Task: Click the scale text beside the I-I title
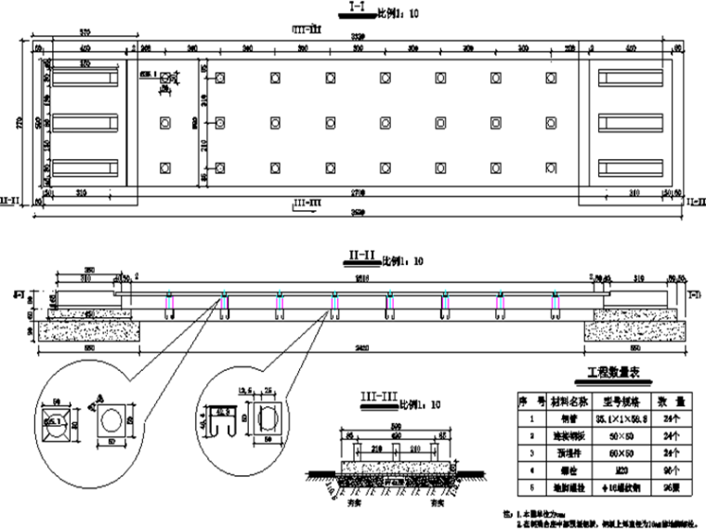[x=395, y=12]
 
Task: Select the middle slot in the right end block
[x=627, y=122]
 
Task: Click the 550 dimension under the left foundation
[x=90, y=349]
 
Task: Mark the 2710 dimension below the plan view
[x=362, y=192]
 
